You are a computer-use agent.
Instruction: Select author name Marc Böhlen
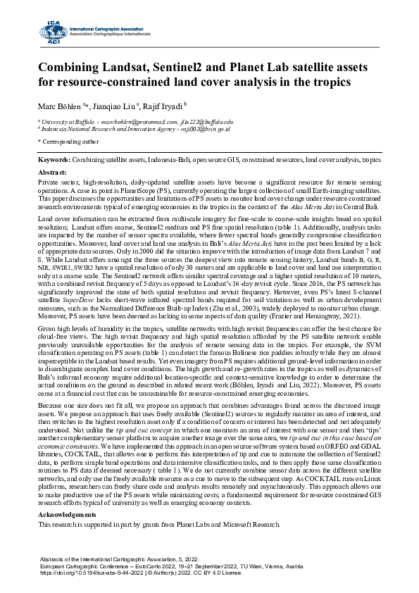pos(59,106)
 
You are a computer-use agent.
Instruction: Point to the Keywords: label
pos(54,161)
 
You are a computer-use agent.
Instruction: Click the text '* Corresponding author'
pos(69,142)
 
